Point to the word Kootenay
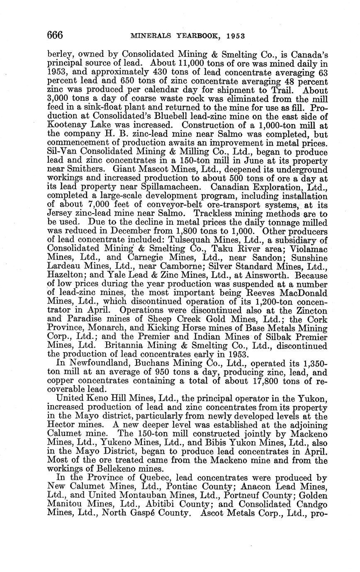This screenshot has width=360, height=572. pos(66,125)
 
